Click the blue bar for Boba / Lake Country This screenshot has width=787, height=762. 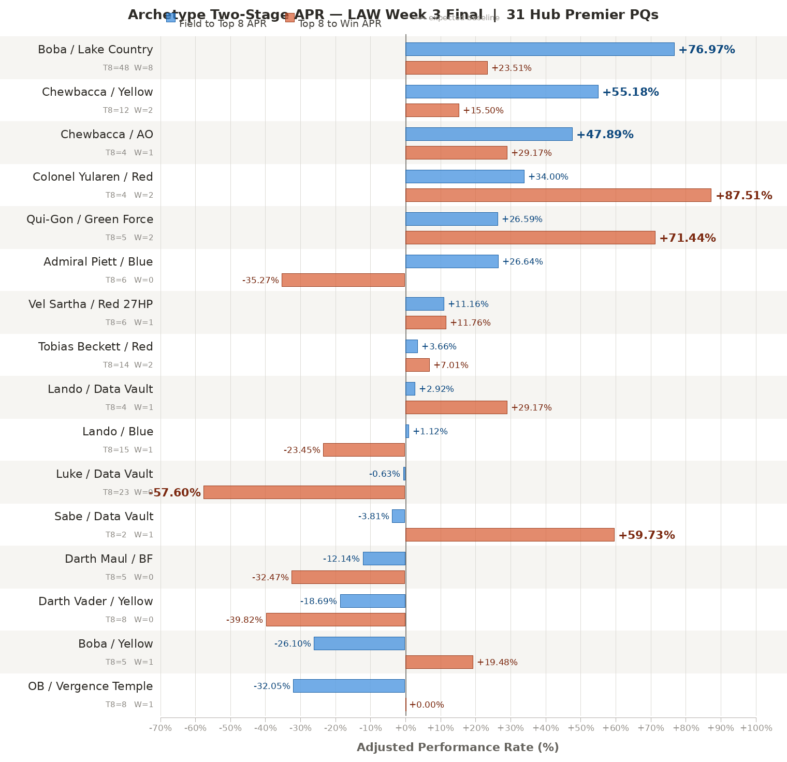[540, 49]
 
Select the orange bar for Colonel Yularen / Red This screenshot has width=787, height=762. [558, 195]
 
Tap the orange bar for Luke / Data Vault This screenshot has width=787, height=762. [304, 492]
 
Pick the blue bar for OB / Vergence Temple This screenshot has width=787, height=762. [349, 686]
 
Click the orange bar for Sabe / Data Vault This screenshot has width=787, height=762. [509, 535]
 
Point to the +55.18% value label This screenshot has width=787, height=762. [630, 92]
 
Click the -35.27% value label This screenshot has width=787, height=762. [260, 281]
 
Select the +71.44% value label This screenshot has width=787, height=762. [687, 238]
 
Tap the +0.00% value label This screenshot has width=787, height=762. [427, 705]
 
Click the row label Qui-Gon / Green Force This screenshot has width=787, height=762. [90, 219]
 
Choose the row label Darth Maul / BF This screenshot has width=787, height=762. [109, 559]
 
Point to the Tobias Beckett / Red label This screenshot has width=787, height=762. [96, 347]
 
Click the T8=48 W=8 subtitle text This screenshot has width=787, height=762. [128, 68]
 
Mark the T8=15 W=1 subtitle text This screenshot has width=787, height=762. [128, 450]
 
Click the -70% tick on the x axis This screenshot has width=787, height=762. [161, 728]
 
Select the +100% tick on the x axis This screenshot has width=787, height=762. [756, 728]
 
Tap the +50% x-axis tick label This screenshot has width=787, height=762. [580, 728]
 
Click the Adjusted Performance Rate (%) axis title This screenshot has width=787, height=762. [458, 748]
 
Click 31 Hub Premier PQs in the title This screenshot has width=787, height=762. [582, 15]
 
